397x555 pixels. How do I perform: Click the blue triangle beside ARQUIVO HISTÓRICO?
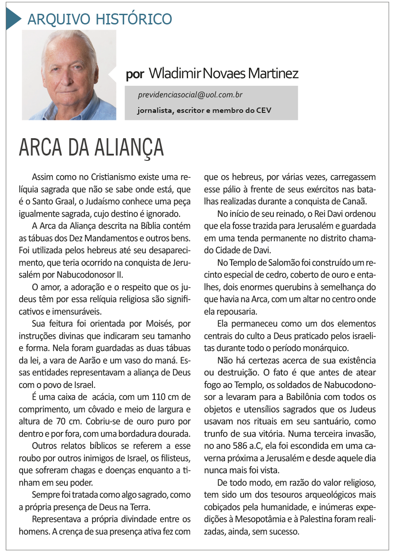click(x=13, y=19)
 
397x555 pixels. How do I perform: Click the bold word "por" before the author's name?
click(x=135, y=74)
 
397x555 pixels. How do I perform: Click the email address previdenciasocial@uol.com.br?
click(x=190, y=95)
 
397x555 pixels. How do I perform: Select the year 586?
click(x=243, y=445)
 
